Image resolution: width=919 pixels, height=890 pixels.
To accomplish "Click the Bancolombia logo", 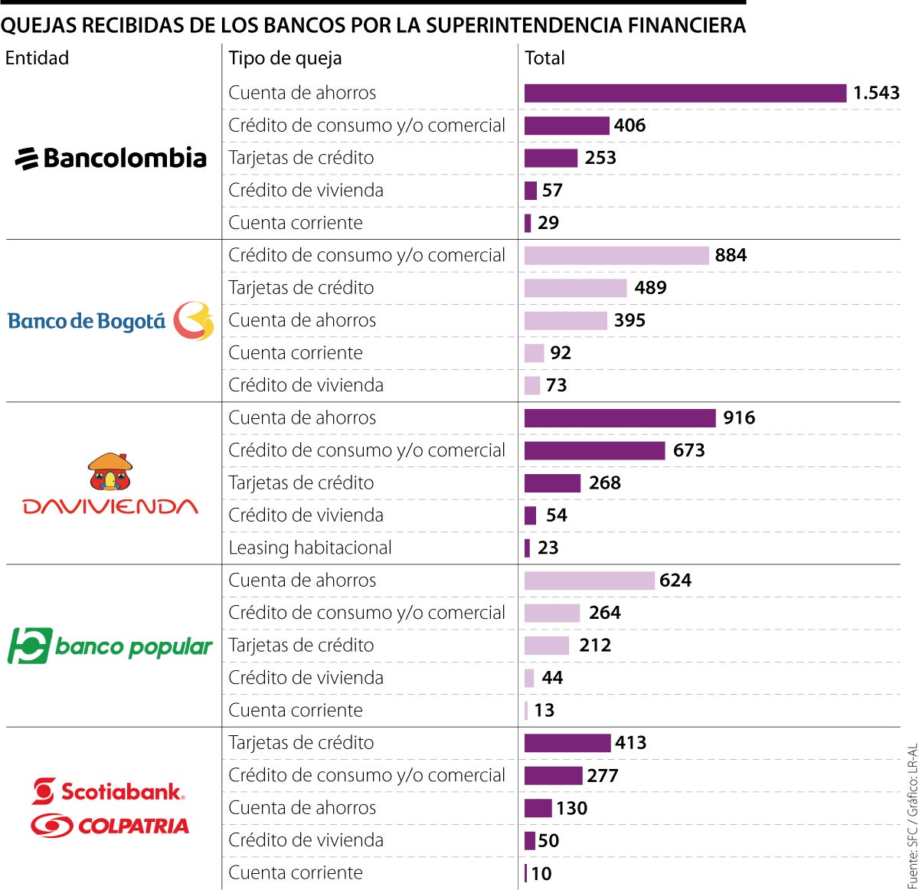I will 111,158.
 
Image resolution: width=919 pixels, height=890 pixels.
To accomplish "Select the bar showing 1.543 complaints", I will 685,93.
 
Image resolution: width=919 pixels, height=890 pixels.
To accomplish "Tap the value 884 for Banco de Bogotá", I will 730,255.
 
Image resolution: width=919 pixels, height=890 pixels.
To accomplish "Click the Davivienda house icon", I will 110,471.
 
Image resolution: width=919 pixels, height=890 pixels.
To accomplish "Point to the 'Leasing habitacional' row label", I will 309,548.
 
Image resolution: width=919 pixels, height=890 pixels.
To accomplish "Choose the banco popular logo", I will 110,646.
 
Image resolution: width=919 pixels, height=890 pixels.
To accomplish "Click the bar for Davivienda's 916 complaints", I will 620,418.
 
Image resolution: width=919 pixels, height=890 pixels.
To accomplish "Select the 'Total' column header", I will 545,58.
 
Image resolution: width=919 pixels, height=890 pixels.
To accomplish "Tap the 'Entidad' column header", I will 37,58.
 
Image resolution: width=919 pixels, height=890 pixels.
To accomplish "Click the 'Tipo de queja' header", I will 285,58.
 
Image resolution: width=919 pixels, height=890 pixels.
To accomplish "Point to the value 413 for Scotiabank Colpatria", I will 630,743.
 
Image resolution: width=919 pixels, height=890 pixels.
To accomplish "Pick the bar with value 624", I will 589,581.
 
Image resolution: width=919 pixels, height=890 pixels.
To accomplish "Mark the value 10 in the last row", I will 541,873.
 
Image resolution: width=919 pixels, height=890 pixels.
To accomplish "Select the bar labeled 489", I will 575,288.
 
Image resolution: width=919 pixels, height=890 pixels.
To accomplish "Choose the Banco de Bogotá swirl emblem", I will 193,321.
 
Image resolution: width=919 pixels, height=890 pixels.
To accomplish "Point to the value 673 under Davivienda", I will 688,450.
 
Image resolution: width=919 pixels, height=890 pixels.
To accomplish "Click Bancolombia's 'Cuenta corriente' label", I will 295,223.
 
